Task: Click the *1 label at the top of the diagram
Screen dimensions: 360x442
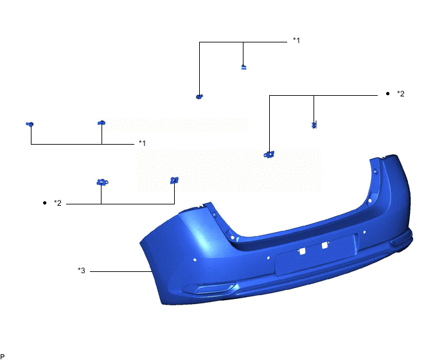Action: (x=296, y=40)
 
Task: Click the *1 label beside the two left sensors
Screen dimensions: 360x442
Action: (x=142, y=143)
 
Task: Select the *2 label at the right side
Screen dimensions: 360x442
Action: (x=400, y=94)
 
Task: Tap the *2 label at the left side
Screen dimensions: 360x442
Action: (x=57, y=203)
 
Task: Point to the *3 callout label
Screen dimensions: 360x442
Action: (x=82, y=271)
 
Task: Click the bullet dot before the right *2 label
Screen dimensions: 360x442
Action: (x=387, y=94)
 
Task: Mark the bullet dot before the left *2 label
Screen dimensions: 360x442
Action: (x=44, y=203)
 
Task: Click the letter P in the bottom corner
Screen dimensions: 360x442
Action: (x=3, y=355)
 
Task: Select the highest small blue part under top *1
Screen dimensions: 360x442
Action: (x=243, y=66)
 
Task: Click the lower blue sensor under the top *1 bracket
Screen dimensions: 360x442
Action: (x=199, y=96)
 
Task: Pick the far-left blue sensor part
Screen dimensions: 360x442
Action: (x=30, y=123)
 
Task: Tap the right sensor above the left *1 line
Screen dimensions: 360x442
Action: (x=101, y=122)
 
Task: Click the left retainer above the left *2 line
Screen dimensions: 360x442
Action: (x=102, y=183)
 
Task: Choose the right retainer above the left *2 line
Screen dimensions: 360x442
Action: (x=173, y=181)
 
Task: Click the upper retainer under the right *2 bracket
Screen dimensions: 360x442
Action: (x=314, y=125)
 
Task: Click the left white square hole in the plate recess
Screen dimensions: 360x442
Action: (x=300, y=250)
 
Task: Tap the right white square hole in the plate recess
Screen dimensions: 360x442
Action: (x=325, y=244)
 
